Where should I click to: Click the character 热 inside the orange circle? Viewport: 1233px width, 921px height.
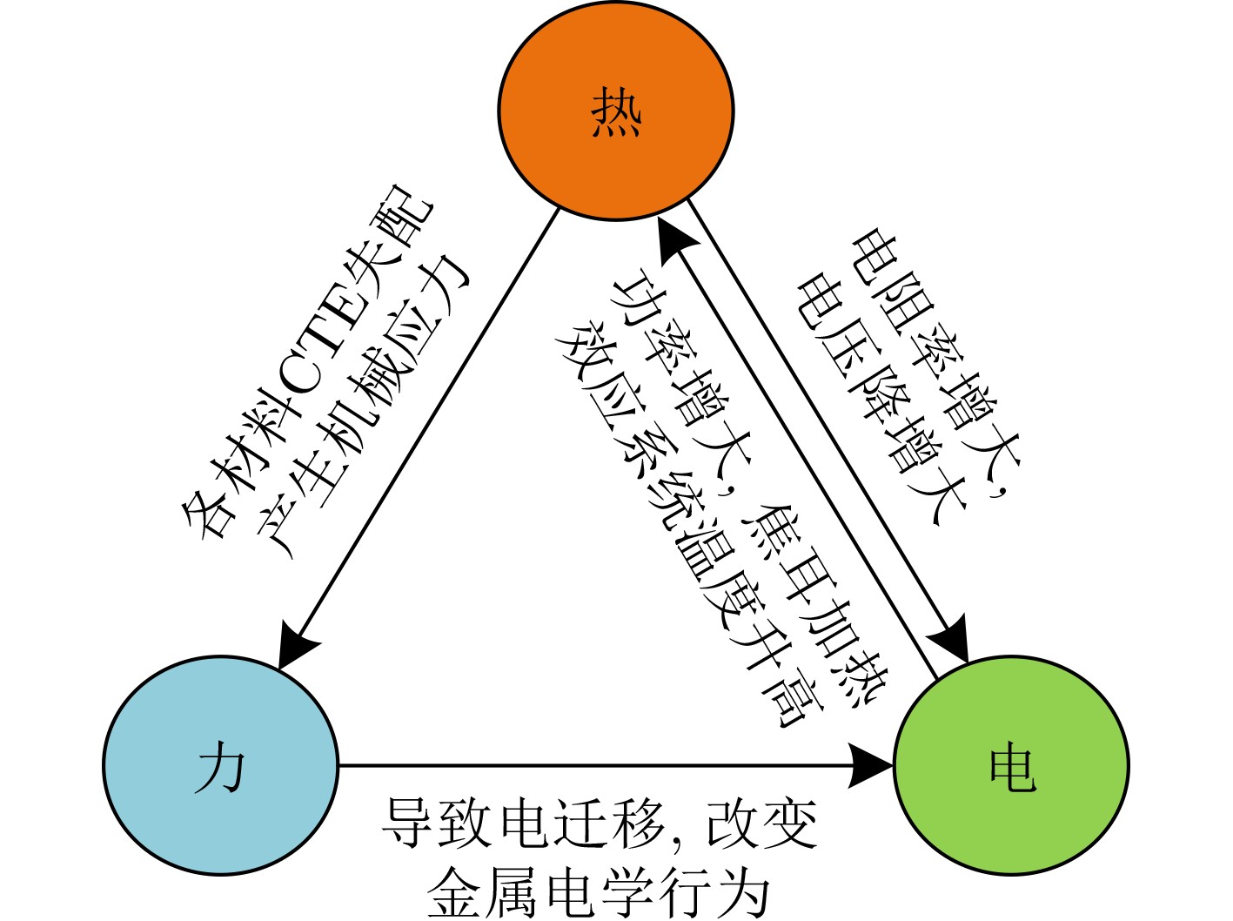[x=616, y=112]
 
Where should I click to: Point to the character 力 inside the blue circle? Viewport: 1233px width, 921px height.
[x=220, y=768]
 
